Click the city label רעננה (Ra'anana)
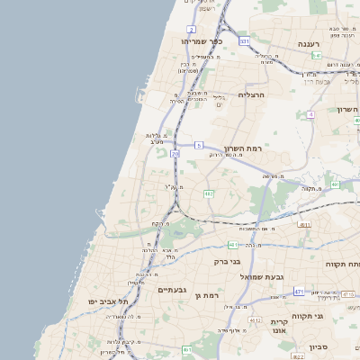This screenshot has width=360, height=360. click(x=317, y=42)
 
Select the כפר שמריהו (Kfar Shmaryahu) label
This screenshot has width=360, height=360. click(x=203, y=41)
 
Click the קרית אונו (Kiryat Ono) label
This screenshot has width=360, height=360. click(x=278, y=327)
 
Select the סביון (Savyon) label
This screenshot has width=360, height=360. click(x=321, y=346)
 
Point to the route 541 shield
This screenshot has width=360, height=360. click(x=318, y=56)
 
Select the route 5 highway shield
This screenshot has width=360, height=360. click(x=198, y=144)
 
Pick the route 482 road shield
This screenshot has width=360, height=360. click(x=209, y=193)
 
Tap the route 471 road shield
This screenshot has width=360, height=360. click(x=298, y=292)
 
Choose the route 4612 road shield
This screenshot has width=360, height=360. click(x=256, y=319)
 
